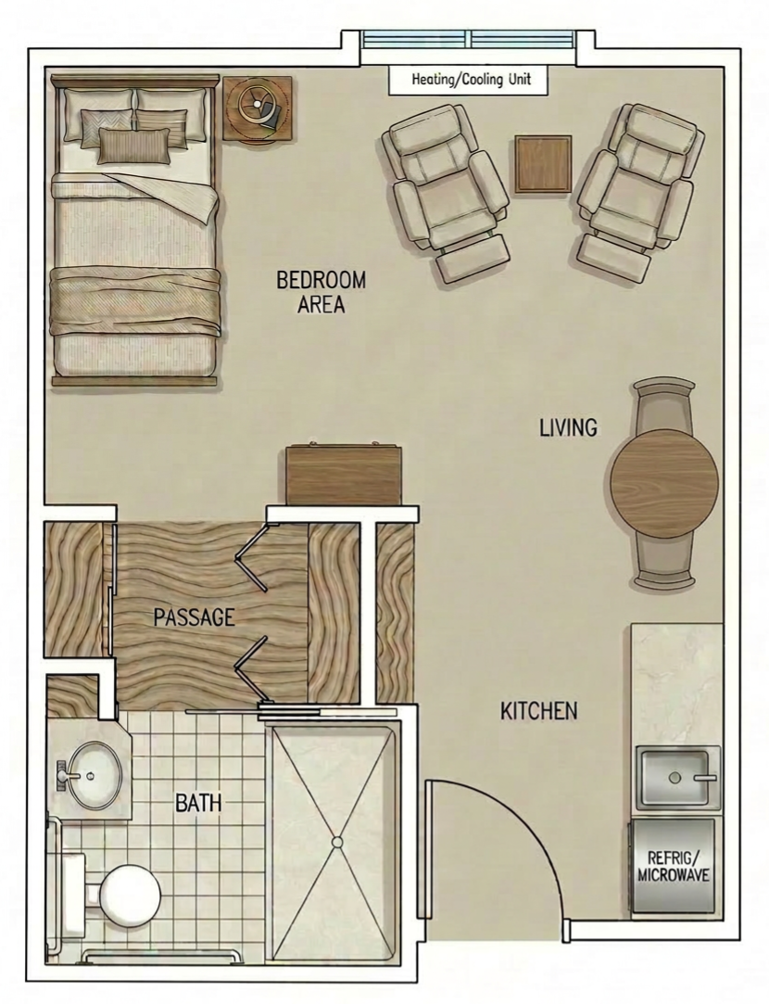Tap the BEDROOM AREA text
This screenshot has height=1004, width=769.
point(321,291)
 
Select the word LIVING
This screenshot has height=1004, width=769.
point(568,427)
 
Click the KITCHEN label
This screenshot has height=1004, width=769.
point(538,711)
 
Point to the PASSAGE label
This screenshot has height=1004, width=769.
point(194,616)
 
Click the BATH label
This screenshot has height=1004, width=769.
point(198,802)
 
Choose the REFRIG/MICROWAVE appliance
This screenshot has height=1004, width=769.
point(674,866)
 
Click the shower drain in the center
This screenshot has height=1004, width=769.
point(337,842)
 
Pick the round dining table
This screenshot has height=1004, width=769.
point(663,482)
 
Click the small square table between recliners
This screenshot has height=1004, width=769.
point(543,164)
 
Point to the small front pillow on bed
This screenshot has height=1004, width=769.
point(135,146)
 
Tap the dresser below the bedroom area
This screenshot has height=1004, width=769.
point(345,476)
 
